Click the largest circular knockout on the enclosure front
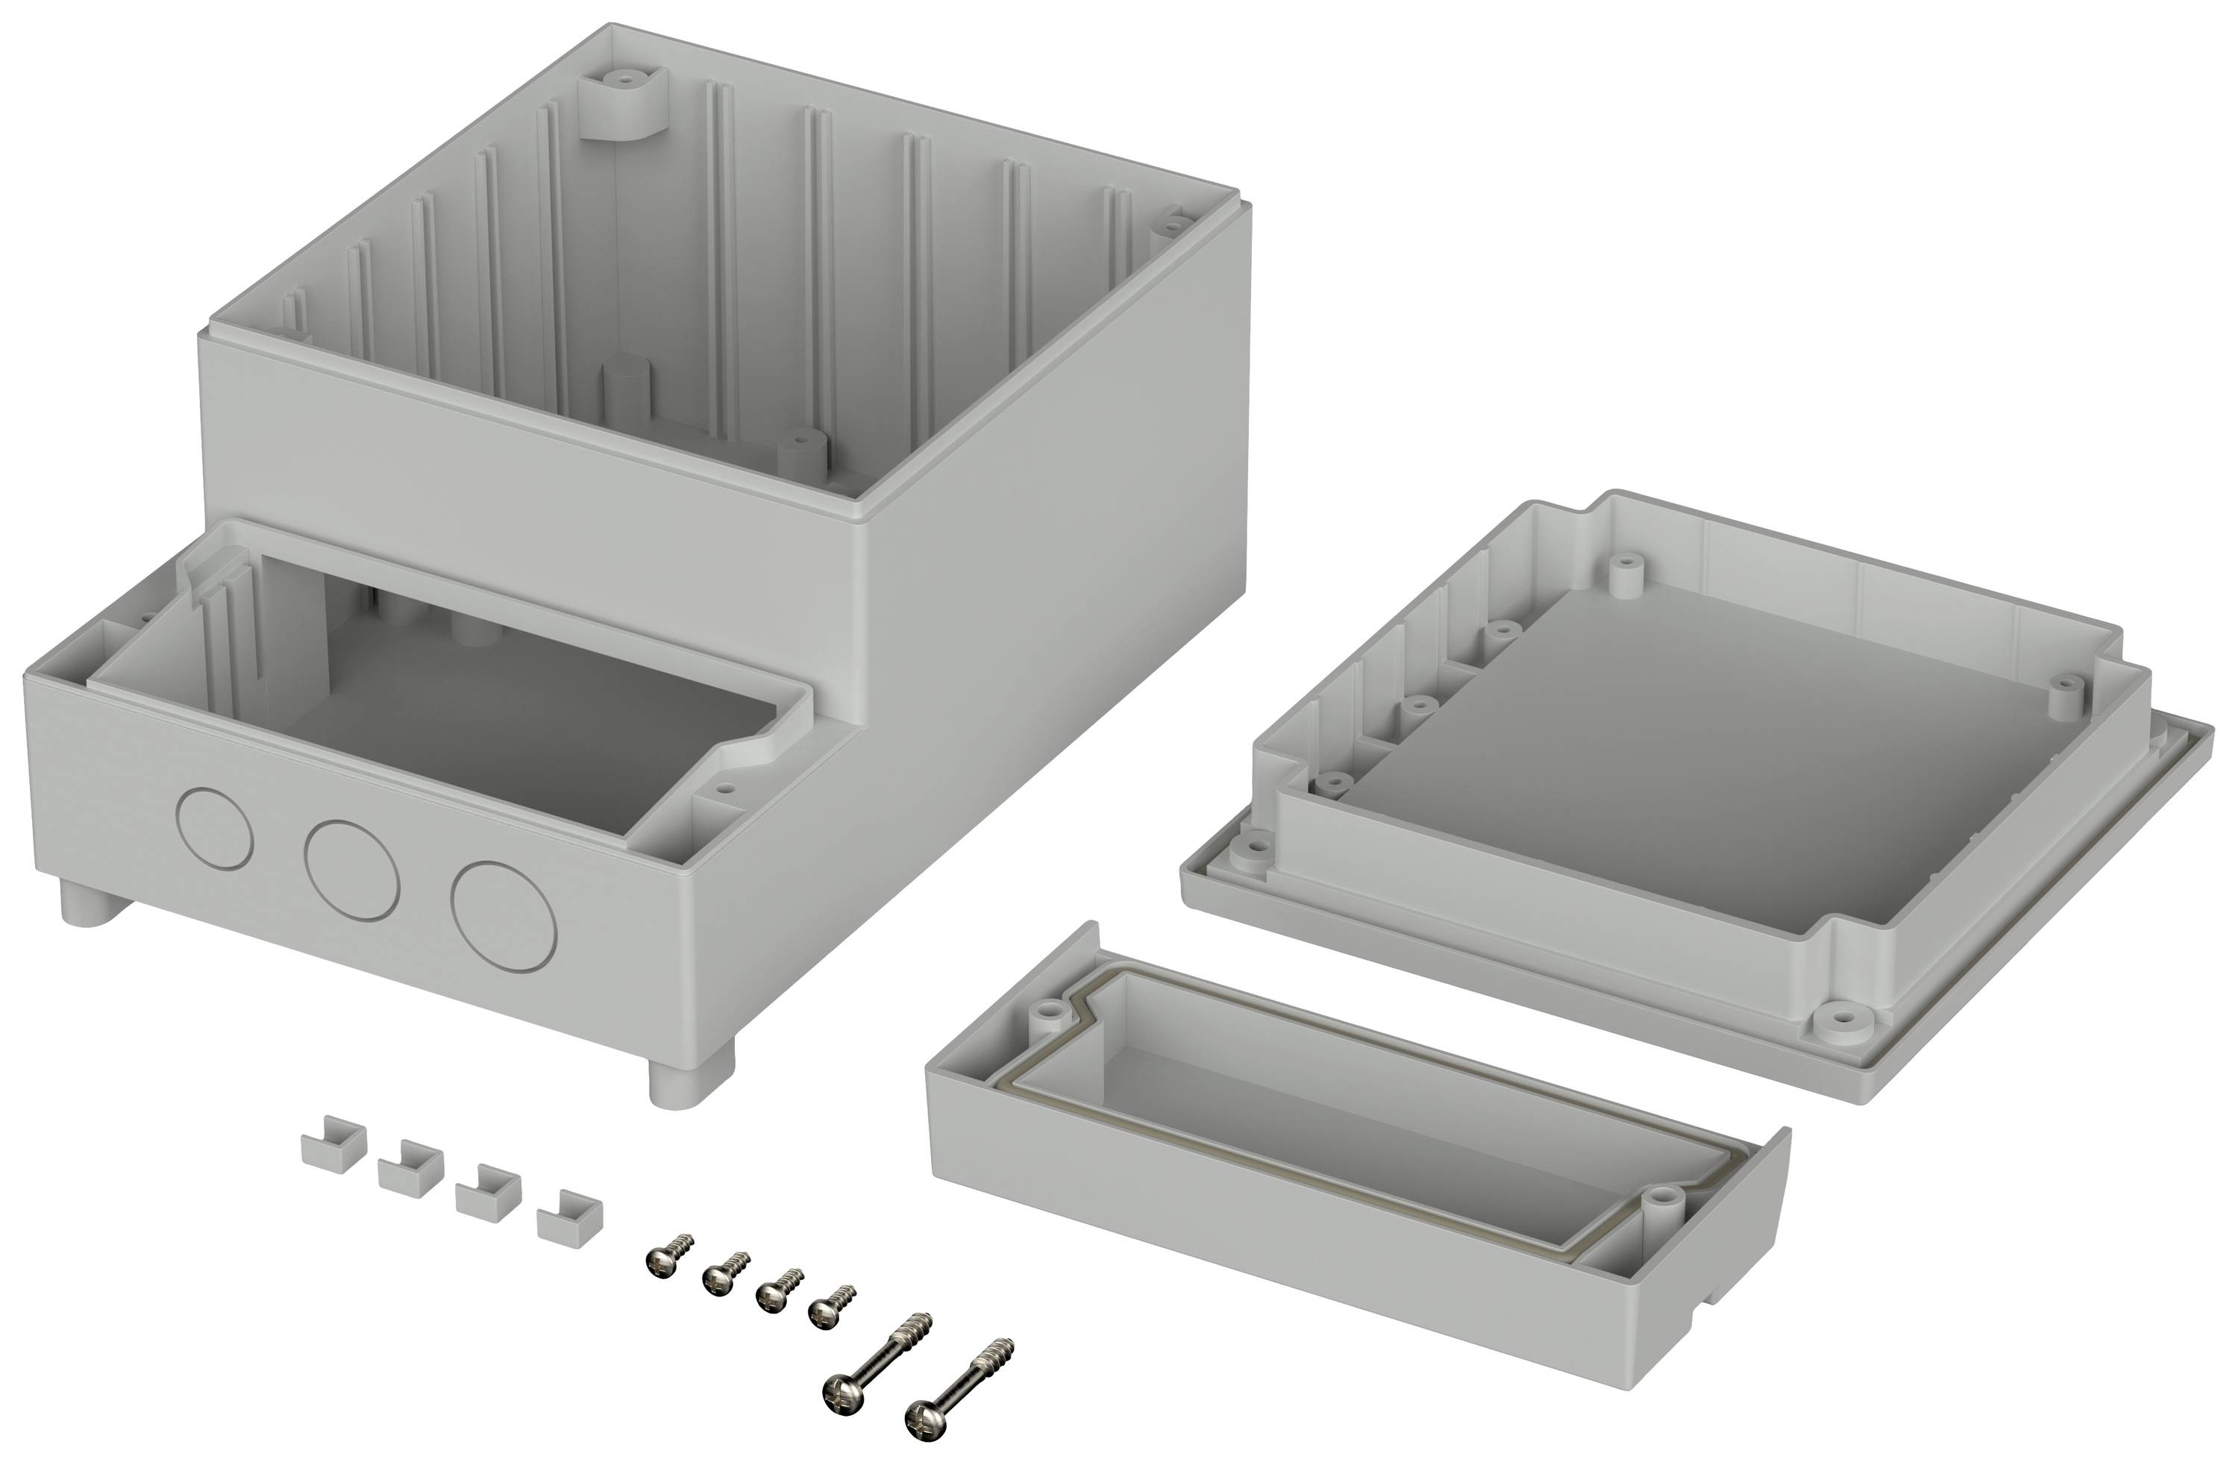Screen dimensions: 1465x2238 point(504,915)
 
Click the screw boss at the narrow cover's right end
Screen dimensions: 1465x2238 point(1661,1197)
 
